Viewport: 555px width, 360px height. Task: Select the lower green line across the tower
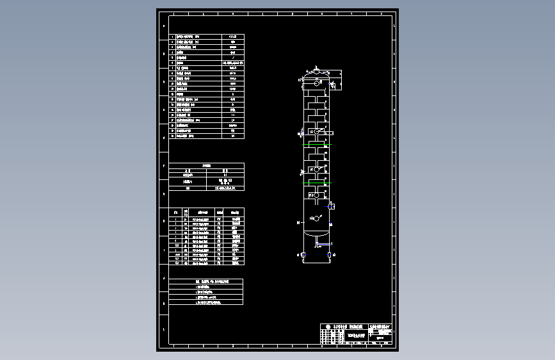316,181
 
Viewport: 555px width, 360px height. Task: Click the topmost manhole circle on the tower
316,83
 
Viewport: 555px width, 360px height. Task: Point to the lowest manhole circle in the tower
316,218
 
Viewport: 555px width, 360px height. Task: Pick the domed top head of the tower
316,74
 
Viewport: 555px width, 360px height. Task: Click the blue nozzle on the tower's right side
331,206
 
